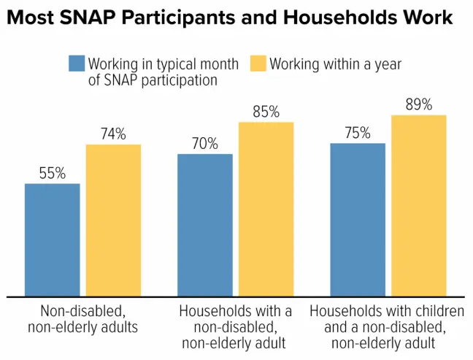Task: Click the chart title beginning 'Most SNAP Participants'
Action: click(231, 18)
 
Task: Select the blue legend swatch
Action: click(77, 64)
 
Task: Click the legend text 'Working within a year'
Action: click(335, 64)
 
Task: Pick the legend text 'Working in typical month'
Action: click(163, 64)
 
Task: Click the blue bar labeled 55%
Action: click(52, 240)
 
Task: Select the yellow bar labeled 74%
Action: click(113, 221)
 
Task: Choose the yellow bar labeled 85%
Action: click(266, 210)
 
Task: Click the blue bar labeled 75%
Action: click(358, 220)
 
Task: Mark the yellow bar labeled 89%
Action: click(419, 206)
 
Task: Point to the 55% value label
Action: click(52, 174)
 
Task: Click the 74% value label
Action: click(113, 134)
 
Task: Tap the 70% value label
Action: click(205, 144)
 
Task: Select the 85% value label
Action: click(266, 112)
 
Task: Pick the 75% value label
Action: click(358, 133)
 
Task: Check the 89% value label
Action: click(419, 104)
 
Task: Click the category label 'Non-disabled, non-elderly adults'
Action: click(82, 318)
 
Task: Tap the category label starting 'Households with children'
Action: click(387, 326)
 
